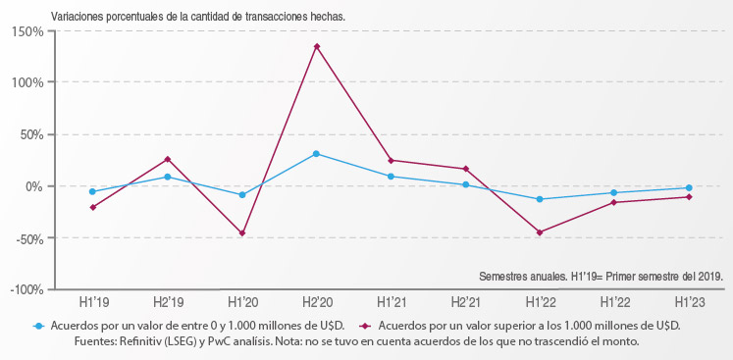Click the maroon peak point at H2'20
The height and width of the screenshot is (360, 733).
pos(317,46)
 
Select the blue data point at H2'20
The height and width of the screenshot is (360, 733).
pos(317,154)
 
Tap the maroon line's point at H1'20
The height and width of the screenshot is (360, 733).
pos(242,233)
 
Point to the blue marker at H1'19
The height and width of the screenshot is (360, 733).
pos(92,191)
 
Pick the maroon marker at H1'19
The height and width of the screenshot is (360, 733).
pos(92,207)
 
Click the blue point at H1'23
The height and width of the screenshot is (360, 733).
pos(689,188)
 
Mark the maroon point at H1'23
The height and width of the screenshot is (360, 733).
pos(689,197)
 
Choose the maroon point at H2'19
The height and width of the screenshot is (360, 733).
pos(167,159)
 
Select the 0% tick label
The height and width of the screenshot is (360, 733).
pos(33,186)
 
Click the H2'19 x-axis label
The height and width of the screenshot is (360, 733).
pos(167,303)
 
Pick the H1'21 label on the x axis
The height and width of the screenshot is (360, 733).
pos(392,303)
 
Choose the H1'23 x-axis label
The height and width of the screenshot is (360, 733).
pos(689,303)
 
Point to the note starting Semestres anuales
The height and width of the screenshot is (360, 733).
pos(601,277)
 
